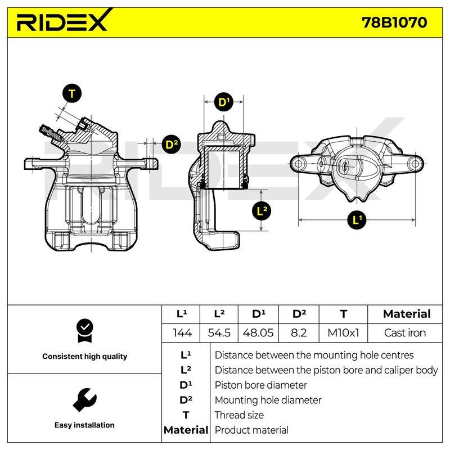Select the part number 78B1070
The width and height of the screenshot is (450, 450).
[394, 22]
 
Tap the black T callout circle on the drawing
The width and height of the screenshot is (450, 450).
[72, 94]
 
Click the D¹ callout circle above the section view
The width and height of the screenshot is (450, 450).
[223, 102]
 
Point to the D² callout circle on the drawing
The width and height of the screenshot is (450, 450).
[172, 144]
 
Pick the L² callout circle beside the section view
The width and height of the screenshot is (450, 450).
[262, 211]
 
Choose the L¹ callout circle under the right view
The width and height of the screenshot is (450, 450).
[357, 220]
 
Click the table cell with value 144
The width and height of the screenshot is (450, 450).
[182, 333]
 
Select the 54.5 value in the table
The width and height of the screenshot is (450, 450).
[219, 333]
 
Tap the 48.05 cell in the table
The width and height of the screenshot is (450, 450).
[258, 333]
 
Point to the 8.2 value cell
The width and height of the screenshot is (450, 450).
[299, 333]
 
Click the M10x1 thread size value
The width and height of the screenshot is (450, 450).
[343, 333]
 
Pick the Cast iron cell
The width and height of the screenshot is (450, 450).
[405, 333]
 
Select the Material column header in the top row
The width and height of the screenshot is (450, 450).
[407, 314]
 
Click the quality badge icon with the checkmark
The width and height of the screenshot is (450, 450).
[85, 331]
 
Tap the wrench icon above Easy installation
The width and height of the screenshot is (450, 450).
[84, 400]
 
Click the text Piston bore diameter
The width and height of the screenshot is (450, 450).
[260, 385]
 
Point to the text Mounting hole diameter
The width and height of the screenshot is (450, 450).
[268, 400]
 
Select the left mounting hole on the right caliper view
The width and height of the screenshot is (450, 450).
[299, 164]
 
